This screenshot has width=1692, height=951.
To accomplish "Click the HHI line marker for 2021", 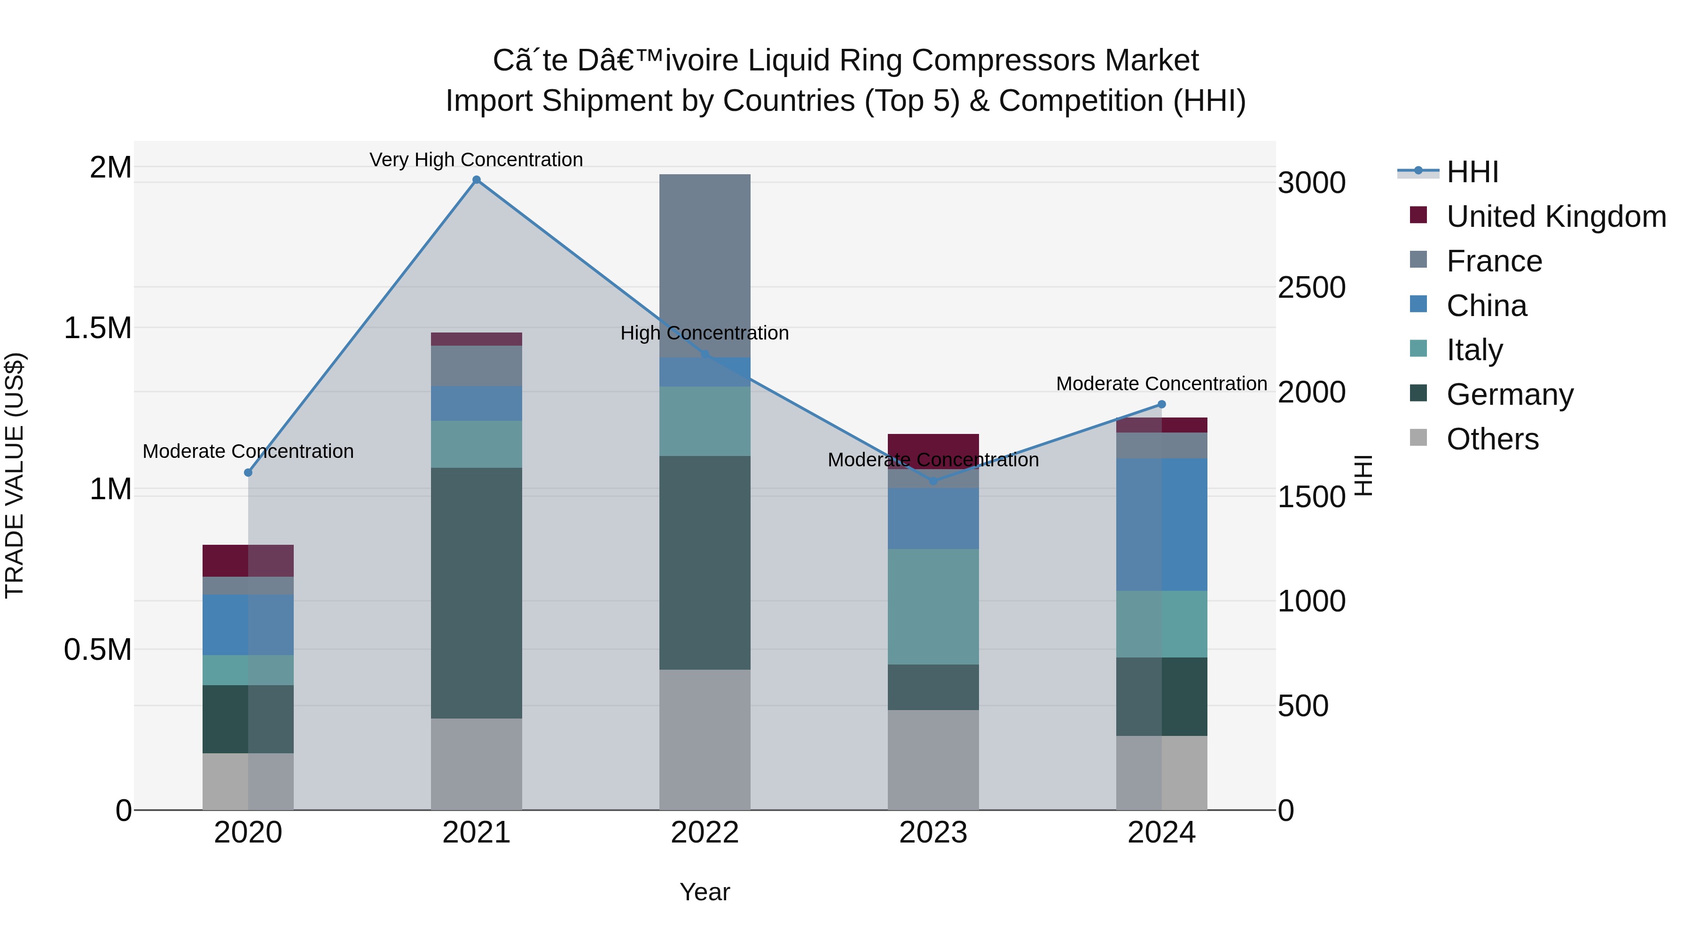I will tap(476, 180).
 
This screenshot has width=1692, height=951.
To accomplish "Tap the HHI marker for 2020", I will tap(248, 472).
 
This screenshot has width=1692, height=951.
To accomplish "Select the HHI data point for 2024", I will tap(1161, 404).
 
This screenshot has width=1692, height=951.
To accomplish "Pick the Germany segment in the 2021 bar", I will tap(476, 593).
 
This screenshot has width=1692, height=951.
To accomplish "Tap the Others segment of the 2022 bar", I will tap(705, 739).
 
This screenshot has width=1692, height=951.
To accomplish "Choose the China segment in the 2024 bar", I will tap(1161, 525).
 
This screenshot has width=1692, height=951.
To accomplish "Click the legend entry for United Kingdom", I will tap(1555, 216).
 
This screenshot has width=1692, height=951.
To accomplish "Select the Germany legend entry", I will tap(1509, 394).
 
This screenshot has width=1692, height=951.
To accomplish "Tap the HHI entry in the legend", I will tap(1472, 172).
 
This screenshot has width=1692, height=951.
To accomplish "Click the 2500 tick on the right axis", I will tap(1311, 287).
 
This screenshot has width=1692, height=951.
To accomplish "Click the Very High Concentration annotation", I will tap(476, 160).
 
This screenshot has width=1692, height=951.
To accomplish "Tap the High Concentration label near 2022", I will tap(705, 333).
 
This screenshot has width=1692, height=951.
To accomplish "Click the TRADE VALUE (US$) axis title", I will tap(15, 475).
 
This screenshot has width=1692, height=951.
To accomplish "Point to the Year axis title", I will tap(705, 892).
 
